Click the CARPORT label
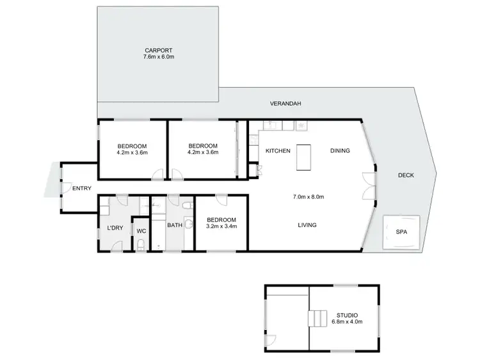[x=158, y=50]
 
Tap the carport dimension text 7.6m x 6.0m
[x=158, y=57]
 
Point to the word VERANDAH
[x=285, y=104]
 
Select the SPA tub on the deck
[x=401, y=231]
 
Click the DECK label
[x=405, y=175]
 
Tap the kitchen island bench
[x=303, y=158]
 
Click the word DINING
[x=340, y=151]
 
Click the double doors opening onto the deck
[x=366, y=186]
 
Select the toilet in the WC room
[x=140, y=244]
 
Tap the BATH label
[x=175, y=225]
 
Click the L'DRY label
[x=115, y=228]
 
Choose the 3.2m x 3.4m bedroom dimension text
[x=221, y=226]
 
